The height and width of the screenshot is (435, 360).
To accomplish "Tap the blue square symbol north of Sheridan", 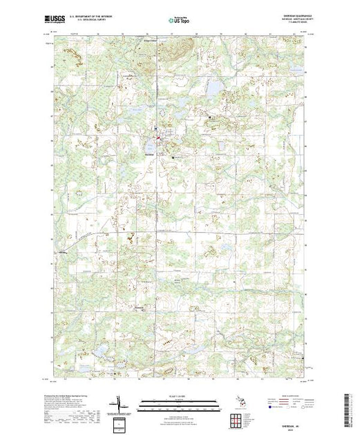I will [x=156, y=129].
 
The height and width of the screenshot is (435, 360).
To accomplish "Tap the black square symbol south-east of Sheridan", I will [x=173, y=158].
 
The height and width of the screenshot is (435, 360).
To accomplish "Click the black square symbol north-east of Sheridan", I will [x=210, y=120].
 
